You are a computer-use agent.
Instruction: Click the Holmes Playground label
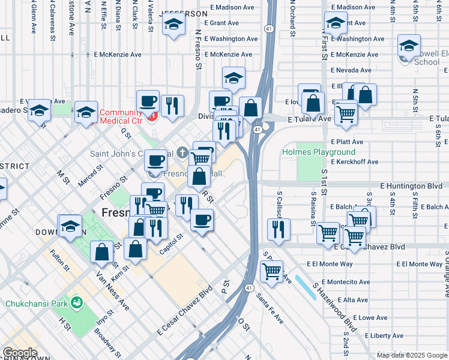319,152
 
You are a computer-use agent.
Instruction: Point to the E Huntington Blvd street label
410,186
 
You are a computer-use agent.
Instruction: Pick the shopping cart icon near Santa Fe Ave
272,271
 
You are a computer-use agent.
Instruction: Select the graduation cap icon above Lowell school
409,46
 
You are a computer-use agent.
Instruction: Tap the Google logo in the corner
19,353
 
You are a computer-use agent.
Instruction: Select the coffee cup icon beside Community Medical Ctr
148,101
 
